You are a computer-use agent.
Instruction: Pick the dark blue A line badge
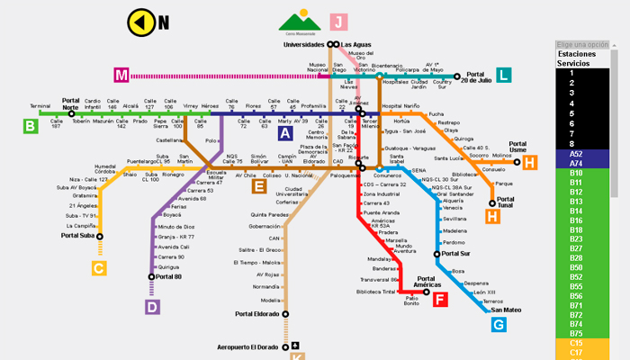285,132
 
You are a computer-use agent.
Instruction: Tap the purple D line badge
152,307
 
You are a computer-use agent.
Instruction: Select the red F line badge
440,300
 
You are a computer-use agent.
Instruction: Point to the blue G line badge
499,324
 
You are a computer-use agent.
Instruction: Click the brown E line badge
258,187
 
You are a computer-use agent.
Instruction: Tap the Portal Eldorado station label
257,314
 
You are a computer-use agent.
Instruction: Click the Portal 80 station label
168,276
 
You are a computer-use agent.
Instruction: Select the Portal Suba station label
77,236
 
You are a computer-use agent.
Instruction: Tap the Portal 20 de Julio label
482,77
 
